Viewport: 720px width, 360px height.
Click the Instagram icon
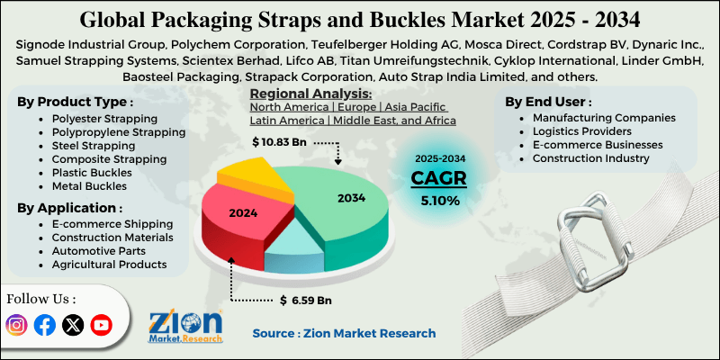coord(17,325)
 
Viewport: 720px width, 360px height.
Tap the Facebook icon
coord(45,325)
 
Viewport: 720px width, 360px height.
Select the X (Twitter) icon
coord(73,325)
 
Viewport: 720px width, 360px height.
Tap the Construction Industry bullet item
coord(590,158)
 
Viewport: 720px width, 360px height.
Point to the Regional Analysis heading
coord(310,94)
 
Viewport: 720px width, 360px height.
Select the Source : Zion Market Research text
coord(344,333)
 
